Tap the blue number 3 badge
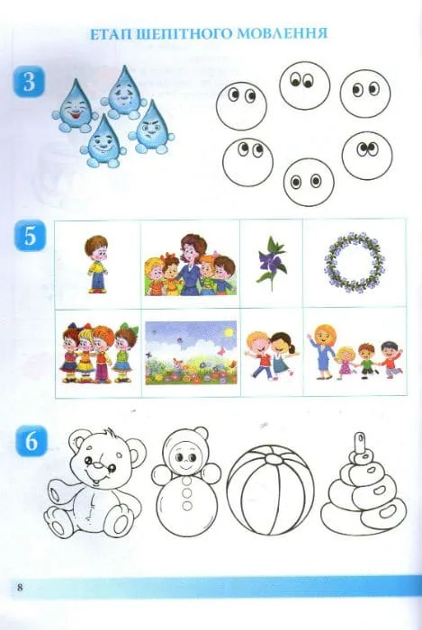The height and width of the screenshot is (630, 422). point(29,82)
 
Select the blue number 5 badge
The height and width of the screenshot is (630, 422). point(30,236)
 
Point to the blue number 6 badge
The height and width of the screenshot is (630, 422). point(31,442)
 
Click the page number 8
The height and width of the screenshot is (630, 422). point(20,587)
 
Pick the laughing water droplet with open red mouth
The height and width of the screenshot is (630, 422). point(75,105)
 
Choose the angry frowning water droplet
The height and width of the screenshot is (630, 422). point(151,128)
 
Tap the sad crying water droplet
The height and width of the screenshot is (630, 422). point(123,93)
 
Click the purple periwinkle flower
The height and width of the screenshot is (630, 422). point(272,263)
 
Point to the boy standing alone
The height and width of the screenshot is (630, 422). point(97,264)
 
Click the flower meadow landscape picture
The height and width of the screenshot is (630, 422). point(191,353)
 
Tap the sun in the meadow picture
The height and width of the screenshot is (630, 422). point(229,333)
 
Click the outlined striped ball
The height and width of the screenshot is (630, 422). point(270,490)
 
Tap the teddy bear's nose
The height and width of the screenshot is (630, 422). point(98,465)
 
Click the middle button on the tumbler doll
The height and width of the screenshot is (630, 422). point(187,492)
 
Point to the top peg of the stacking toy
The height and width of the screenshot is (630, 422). point(359,443)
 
